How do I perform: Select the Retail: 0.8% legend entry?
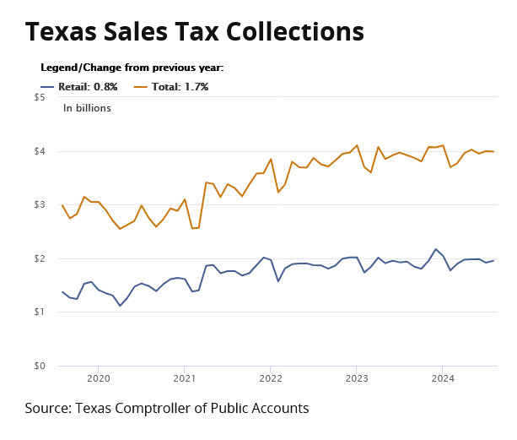[79, 86]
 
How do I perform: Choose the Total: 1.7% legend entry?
[172, 86]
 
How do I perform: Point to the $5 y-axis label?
[40, 97]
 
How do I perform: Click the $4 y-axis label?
[40, 151]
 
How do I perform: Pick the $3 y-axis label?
[40, 204]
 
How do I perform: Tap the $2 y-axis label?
[40, 258]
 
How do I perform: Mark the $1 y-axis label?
[40, 312]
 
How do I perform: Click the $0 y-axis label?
[40, 366]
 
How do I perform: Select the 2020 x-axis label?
[99, 379]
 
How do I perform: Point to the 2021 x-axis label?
[185, 379]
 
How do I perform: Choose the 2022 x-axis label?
[271, 379]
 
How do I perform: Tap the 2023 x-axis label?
[357, 379]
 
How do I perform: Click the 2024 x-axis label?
[443, 379]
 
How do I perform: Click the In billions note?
[87, 108]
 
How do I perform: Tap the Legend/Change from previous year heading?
[132, 68]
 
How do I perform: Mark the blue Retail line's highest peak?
[436, 249]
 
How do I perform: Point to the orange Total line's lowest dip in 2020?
[120, 229]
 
